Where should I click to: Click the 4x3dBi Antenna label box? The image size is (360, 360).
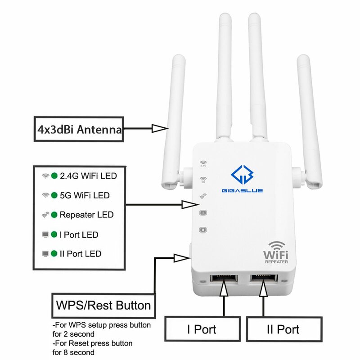[x=79, y=129]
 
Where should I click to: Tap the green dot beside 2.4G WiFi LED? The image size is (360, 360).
[x=54, y=176]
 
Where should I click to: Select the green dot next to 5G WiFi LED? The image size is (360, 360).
[x=54, y=195]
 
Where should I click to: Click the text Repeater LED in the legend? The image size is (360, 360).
[x=86, y=215]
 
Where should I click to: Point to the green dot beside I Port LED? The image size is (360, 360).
[x=54, y=234]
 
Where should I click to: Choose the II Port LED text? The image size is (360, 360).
[x=81, y=254]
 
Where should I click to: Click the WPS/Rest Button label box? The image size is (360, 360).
[x=103, y=306]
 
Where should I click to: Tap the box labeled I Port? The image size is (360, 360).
[x=202, y=329]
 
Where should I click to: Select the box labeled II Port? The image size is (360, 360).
[x=284, y=329]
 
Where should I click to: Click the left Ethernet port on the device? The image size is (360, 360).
[x=224, y=279]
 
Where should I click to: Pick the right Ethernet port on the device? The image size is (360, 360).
[x=264, y=279]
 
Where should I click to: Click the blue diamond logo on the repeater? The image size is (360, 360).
[x=242, y=175]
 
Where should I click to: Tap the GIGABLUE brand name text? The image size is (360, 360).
[x=242, y=190]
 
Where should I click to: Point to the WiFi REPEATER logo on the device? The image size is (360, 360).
[x=276, y=252]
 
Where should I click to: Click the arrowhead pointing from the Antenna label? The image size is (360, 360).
[x=160, y=129]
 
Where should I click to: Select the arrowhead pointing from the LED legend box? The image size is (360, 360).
[x=190, y=205]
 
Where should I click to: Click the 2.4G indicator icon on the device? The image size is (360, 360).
[x=203, y=164]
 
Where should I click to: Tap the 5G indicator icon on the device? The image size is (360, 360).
[x=203, y=180]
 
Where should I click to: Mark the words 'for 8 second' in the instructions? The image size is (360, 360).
[x=73, y=352]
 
